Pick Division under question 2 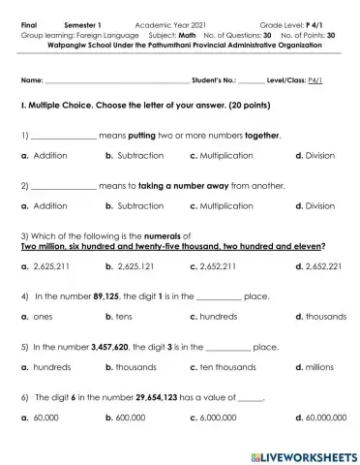(319, 206)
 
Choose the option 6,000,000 (225, 418)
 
